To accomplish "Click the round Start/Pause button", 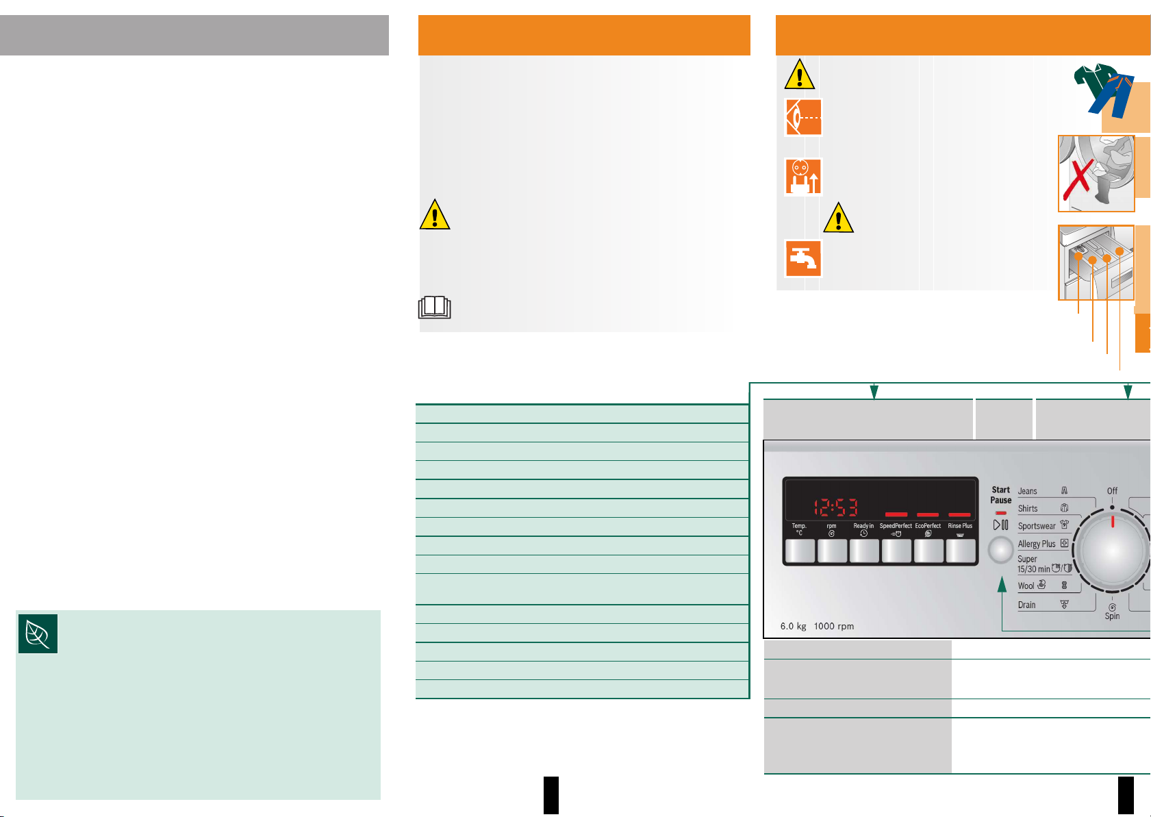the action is coord(1000,550).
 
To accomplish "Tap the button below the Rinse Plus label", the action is coord(960,551).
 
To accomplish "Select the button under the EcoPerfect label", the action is coord(928,551).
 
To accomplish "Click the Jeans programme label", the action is coord(1027,491).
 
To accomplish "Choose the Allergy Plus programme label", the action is coord(1037,544).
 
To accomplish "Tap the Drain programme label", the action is coord(1026,605).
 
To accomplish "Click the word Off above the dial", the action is coord(1112,491).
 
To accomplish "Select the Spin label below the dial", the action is coord(1112,616).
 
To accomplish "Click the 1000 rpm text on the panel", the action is coord(833,626).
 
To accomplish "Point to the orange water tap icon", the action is coord(802,258).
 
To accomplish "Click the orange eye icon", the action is coord(802,117).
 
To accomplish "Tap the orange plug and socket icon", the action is coord(802,176).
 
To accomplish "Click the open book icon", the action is coord(435,307).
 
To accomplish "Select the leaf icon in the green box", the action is coord(38,633).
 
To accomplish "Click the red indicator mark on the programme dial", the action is coord(1113,521).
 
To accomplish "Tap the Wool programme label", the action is coord(1026,586).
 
